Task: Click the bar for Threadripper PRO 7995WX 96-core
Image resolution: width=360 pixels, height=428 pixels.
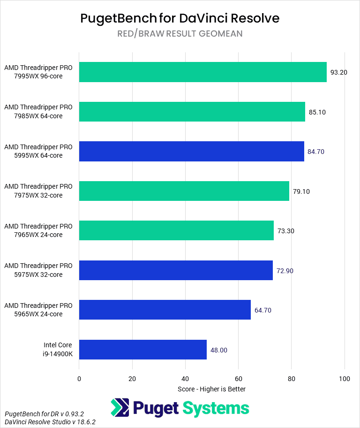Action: point(202,72)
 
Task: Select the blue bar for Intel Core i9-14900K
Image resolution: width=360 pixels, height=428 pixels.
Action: point(143,350)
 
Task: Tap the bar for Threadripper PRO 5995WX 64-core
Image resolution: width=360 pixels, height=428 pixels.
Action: point(191,152)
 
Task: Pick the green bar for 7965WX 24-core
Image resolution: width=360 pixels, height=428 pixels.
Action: point(176,231)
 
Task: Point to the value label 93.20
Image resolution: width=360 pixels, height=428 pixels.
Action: point(338,72)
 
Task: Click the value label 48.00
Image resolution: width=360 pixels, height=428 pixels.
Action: point(218,350)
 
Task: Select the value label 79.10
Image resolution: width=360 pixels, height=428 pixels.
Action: point(301,191)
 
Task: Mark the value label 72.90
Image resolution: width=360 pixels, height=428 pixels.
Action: point(285,271)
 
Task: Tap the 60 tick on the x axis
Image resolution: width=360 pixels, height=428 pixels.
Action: point(238,379)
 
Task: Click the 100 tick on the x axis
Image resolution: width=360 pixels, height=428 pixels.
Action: point(344,379)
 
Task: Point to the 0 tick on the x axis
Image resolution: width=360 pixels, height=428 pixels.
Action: point(79,379)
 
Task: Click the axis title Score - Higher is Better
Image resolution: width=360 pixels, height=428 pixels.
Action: point(211,389)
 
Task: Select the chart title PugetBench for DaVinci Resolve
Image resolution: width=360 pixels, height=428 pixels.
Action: point(180,18)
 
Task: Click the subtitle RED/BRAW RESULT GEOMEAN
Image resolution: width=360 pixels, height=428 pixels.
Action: point(180,34)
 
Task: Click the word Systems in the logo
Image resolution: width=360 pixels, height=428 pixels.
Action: point(216,408)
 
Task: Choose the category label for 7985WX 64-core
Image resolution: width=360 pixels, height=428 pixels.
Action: point(38,112)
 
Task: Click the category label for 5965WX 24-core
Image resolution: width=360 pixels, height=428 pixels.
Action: point(38,310)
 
